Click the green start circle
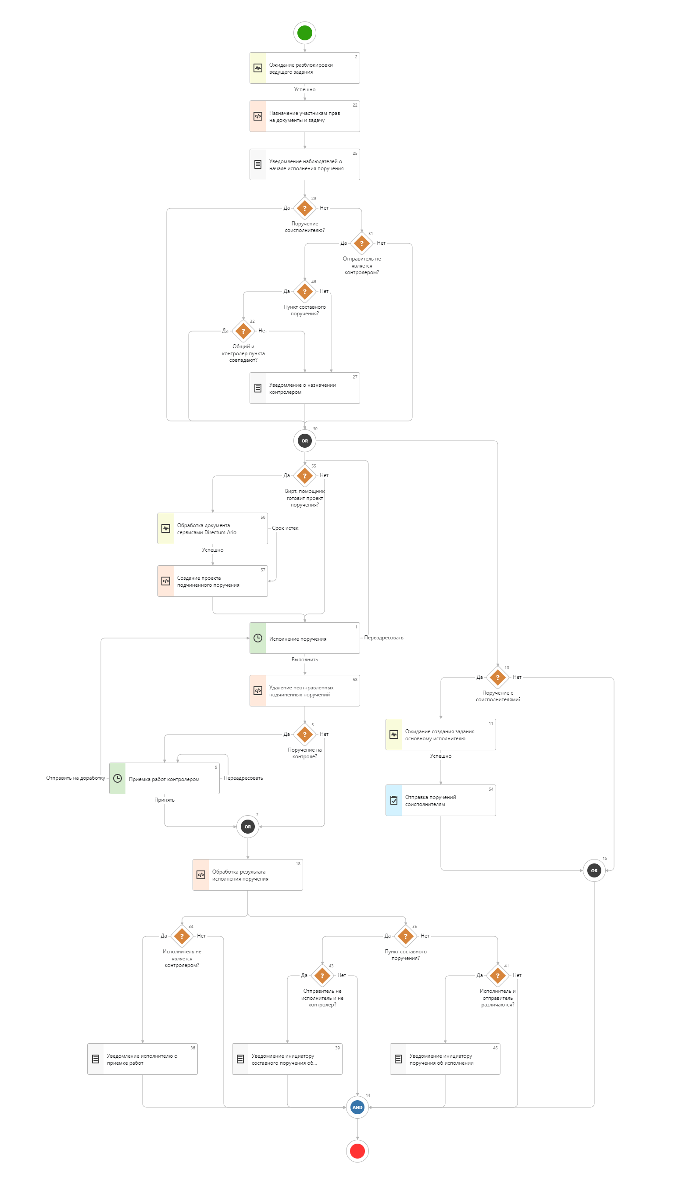pyautogui.click(x=304, y=33)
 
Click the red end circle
pyautogui.click(x=357, y=1151)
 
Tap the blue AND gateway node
pyautogui.click(x=357, y=1107)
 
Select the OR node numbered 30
pyautogui.click(x=304, y=441)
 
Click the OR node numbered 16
pyautogui.click(x=594, y=870)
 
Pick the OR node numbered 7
pyautogui.click(x=248, y=827)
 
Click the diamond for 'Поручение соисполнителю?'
pyautogui.click(x=304, y=208)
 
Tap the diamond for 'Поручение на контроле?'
pyautogui.click(x=304, y=735)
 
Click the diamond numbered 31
pyautogui.click(x=361, y=243)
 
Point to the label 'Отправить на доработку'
pyautogui.click(x=75, y=778)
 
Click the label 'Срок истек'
pyautogui.click(x=285, y=528)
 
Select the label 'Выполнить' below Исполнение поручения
pyautogui.click(x=304, y=660)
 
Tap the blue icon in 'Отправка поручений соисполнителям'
pyautogui.click(x=394, y=800)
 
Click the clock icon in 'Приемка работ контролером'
pyautogui.click(x=118, y=778)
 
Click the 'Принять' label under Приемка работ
pyautogui.click(x=164, y=800)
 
